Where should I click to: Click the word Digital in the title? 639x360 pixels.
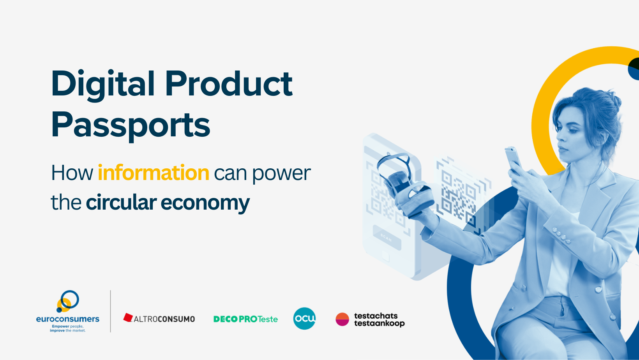pyautogui.click(x=103, y=85)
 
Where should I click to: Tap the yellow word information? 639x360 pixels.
pyautogui.click(x=154, y=173)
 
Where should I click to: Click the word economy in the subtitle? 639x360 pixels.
pyautogui.click(x=205, y=203)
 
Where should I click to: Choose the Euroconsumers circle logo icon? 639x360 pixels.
pyautogui.click(x=68, y=301)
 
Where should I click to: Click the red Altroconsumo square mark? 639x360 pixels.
pyautogui.click(x=128, y=318)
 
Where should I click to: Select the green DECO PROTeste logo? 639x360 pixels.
pyautogui.click(x=245, y=319)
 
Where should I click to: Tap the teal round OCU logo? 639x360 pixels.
pyautogui.click(x=304, y=318)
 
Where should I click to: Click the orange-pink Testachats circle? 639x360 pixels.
pyautogui.click(x=342, y=319)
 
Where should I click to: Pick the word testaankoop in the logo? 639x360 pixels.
pyautogui.click(x=380, y=324)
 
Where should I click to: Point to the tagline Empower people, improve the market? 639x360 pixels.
pyautogui.click(x=68, y=328)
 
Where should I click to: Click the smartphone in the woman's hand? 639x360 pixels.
pyautogui.click(x=513, y=158)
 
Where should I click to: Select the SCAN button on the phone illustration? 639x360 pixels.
pyautogui.click(x=387, y=238)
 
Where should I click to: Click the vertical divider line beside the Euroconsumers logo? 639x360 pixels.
pyautogui.click(x=110, y=311)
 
